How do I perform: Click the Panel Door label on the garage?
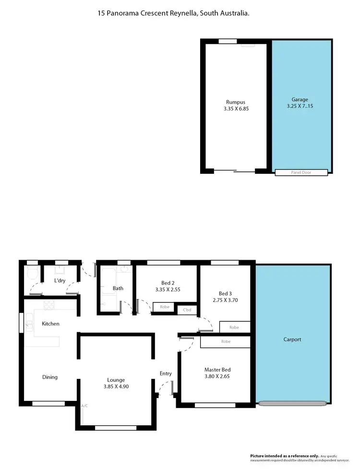[x=301, y=172]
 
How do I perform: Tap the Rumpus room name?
[x=236, y=102]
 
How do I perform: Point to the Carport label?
[x=292, y=339]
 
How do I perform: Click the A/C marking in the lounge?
[x=84, y=406]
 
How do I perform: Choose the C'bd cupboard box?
[x=187, y=310]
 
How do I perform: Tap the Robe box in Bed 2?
[x=164, y=306]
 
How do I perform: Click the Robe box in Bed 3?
[x=234, y=327]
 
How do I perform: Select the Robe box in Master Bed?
[x=225, y=342]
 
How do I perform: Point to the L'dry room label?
[x=60, y=280]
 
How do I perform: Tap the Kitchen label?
[x=50, y=324]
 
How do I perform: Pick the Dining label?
[x=49, y=377]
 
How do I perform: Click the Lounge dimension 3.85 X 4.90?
[x=117, y=386]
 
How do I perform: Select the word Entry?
[x=166, y=373]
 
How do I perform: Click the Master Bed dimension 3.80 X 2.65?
[x=217, y=376]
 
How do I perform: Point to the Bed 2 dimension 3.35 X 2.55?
[x=168, y=290]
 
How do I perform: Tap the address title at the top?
[x=173, y=14]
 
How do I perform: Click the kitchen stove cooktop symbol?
[x=49, y=303]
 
